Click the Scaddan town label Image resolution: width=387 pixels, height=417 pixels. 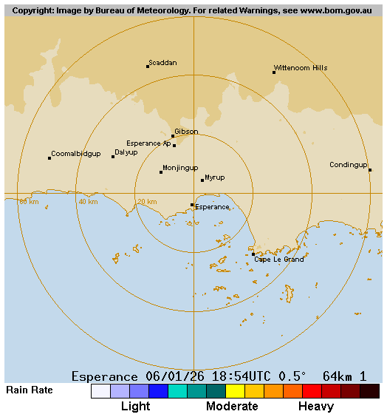tap(162, 63)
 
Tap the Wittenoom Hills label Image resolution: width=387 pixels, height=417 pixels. tap(301, 68)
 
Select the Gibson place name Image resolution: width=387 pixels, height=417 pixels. tap(186, 132)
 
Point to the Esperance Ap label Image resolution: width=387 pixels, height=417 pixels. tap(148, 143)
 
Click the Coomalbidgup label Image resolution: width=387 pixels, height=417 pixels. tap(76, 154)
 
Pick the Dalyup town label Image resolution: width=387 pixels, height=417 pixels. tap(126, 152)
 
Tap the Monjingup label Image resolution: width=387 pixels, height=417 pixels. tap(180, 168)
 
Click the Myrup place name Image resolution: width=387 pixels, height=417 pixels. tap(215, 177)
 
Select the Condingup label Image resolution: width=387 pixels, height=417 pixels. tap(348, 165)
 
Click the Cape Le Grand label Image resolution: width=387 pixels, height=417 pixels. tap(279, 260)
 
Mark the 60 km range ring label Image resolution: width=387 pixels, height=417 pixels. tap(29, 202)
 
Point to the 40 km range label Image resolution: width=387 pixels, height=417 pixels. tap(88, 202)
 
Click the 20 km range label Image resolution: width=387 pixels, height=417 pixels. tap(146, 202)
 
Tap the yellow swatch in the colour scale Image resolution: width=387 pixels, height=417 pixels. tap(235, 391)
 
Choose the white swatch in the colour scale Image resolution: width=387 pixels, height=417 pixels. tap(100, 391)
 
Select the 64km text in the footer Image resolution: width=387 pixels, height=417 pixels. tap(338, 376)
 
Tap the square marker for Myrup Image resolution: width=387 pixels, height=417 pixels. tap(202, 180)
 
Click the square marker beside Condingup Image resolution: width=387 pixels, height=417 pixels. tap(370, 170)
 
